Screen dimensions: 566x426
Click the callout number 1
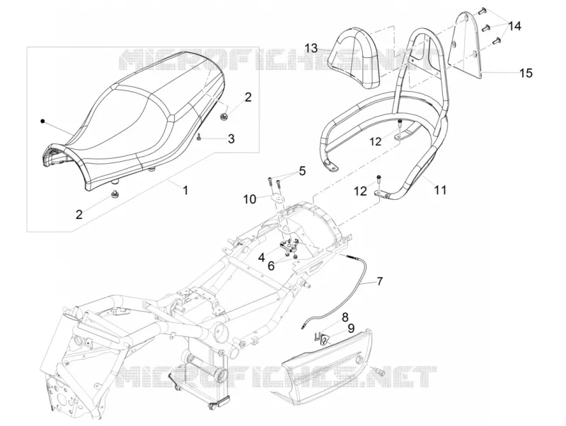185,189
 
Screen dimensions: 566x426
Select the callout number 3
231,138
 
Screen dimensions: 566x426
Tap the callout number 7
379,280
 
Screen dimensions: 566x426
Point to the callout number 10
250,199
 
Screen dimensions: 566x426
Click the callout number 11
440,189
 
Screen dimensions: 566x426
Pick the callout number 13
311,48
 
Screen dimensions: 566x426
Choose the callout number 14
515,26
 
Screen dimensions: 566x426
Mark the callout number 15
526,73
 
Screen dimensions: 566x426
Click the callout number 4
261,257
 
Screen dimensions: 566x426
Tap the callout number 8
345,317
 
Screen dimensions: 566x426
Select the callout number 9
351,329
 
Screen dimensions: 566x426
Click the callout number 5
302,170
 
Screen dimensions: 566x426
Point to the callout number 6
271,266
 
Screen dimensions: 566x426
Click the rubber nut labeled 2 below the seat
115,194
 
